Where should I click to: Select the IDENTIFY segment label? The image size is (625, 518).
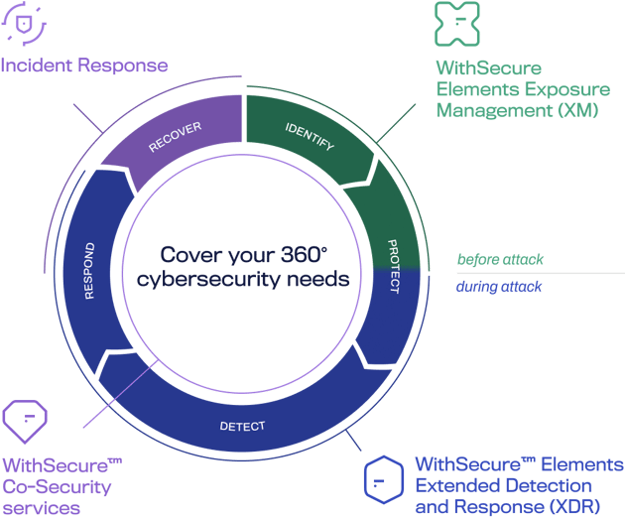point(310,138)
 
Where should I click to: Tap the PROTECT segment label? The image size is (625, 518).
point(393,266)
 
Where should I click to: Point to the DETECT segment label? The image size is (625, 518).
point(242,428)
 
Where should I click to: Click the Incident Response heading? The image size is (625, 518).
point(84,66)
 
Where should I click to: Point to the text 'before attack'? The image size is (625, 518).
point(500,260)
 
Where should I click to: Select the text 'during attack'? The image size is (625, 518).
point(499,287)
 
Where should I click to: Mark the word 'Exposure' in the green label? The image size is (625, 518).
point(556,88)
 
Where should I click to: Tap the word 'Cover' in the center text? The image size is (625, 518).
point(186,253)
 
